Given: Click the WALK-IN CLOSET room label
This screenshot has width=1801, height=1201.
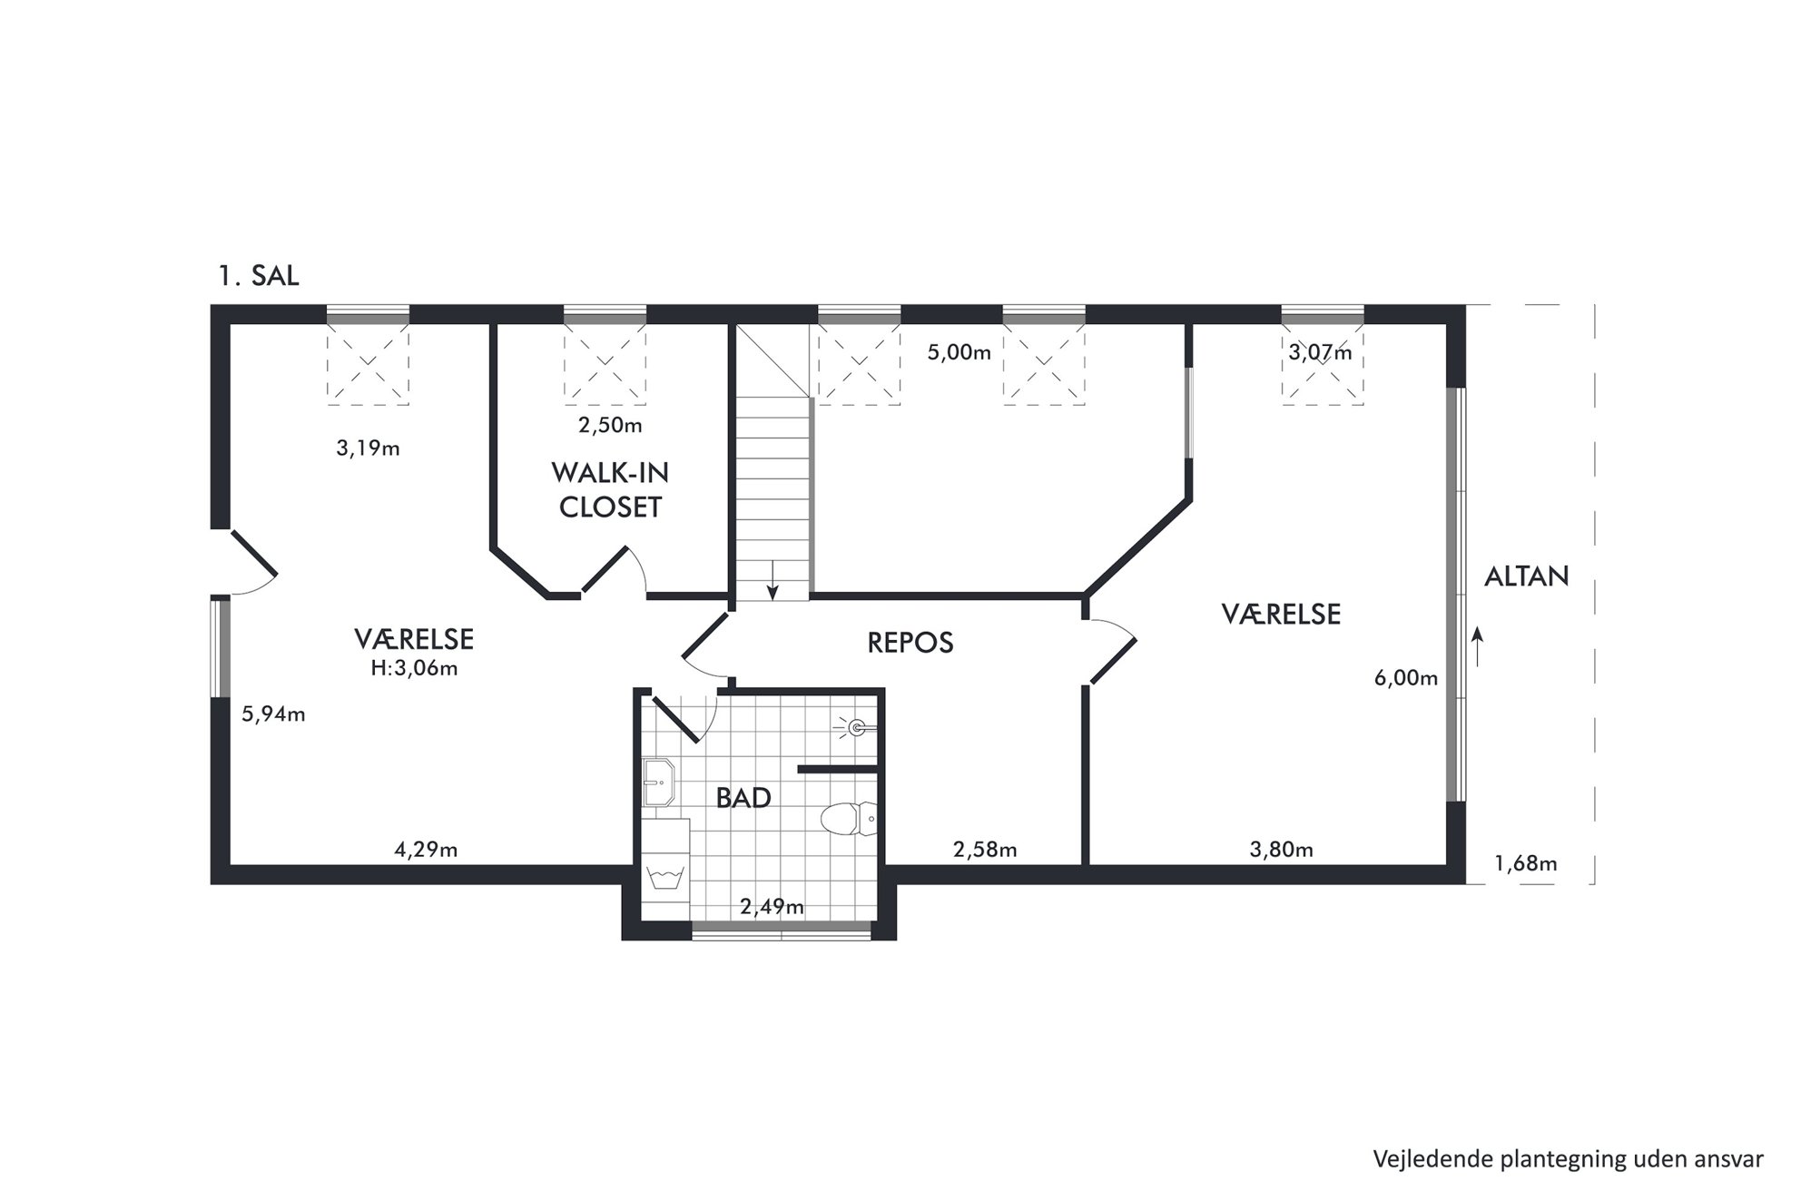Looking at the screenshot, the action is (610, 490).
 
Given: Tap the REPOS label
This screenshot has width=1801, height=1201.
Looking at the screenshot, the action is (910, 643).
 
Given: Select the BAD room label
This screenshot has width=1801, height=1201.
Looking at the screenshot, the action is (743, 798).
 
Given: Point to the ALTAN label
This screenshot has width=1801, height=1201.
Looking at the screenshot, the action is (1527, 576).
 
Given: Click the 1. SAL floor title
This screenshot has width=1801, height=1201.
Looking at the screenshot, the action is (259, 276).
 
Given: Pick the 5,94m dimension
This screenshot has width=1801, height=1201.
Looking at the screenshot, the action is (273, 714).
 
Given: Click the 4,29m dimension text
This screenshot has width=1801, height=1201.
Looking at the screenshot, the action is (426, 850).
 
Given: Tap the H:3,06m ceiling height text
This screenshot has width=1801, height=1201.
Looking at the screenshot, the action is (414, 669).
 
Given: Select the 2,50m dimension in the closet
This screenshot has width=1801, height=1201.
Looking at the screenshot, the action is (610, 425).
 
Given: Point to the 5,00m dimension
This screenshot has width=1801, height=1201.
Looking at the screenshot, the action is (960, 352).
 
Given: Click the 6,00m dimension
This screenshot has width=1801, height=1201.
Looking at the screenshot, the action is (1406, 678).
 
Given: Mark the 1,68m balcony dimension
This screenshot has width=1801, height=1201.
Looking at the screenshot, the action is (1526, 863).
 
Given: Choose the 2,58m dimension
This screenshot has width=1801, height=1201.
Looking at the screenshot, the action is (985, 850).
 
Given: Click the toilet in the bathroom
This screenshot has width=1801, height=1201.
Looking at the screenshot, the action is (849, 820).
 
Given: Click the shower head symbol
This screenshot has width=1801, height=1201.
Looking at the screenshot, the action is (856, 726).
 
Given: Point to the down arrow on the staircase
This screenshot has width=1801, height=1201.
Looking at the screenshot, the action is (773, 581).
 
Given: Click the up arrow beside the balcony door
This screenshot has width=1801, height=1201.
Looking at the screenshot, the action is (1478, 646).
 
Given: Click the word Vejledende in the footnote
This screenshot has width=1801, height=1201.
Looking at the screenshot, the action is (1422, 1159).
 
